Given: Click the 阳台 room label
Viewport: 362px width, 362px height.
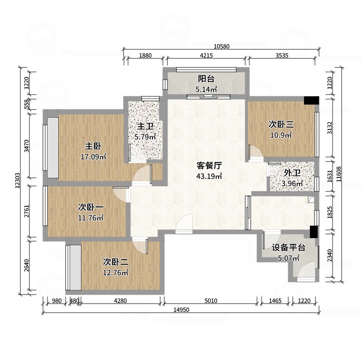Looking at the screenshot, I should pos(206,78).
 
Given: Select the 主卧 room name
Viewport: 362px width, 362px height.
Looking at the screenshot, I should pos(93,146).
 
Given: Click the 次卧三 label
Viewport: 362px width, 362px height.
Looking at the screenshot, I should pos(281,124).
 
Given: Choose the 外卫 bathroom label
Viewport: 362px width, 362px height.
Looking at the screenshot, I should pos(292,173).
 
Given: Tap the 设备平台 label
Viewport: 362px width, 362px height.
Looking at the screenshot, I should pos(289,248).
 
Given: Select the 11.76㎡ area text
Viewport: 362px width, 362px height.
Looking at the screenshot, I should pos(91,218).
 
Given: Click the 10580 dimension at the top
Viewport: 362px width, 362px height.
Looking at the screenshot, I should pos(222,46).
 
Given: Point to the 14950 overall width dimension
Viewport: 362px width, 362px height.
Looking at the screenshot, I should pos(181,310).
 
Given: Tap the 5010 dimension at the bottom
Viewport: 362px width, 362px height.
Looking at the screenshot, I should pos(211,300).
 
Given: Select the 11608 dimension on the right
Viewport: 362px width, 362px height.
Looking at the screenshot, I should pos(345,174).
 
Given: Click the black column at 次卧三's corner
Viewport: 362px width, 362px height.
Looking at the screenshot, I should pos(311,100).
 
